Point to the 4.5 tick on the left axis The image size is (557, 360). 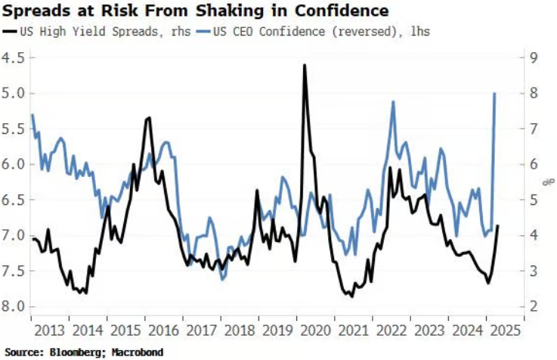pos(14,57)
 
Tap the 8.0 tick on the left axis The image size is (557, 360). pos(14,306)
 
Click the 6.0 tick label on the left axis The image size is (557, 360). pos(14,164)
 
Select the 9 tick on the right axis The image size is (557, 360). pos(533,57)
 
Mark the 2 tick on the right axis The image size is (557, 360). pos(533,306)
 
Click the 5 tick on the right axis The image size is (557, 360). pos(533,200)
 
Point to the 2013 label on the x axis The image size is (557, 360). pos(49,330)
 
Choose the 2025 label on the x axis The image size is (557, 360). pos(505,330)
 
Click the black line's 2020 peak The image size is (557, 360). pos(304,65)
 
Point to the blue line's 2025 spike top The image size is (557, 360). pos(494,93)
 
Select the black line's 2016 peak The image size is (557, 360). pos(149,117)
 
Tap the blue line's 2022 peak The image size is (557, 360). pos(393,101)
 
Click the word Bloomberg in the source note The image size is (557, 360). pos(74,352)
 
